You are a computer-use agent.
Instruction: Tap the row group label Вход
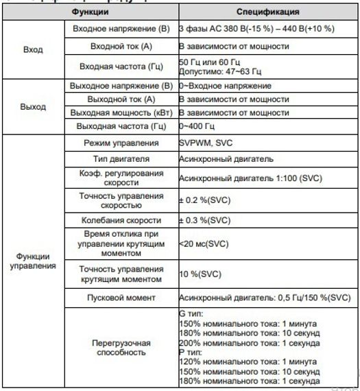click(x=33, y=50)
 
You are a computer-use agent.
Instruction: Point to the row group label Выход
click(x=33, y=107)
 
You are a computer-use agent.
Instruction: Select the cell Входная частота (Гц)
click(x=120, y=67)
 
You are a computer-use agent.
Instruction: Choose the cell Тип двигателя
click(x=120, y=159)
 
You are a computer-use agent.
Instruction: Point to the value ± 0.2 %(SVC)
click(x=205, y=200)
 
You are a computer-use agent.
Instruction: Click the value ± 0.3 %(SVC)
click(x=205, y=221)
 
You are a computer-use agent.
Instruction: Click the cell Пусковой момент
click(x=120, y=298)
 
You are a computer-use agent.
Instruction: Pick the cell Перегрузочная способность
click(x=120, y=346)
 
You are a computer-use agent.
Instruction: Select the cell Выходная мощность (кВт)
click(x=120, y=112)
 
